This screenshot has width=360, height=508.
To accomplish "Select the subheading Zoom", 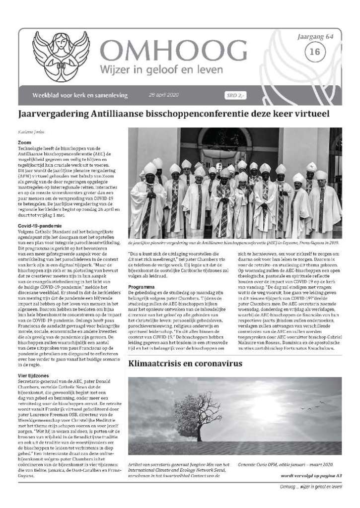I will click(x=24, y=142).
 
